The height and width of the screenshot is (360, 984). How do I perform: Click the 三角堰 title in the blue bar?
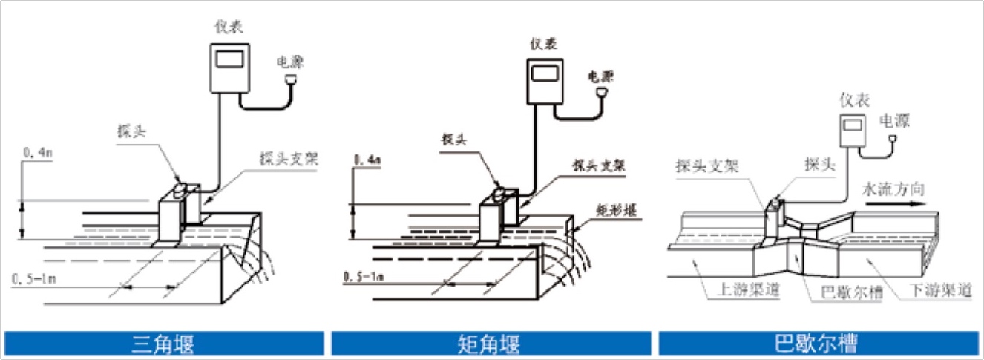point(163,344)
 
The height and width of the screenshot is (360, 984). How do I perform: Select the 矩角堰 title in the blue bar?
point(491,344)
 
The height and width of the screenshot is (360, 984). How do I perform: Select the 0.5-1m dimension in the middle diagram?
point(364,277)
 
